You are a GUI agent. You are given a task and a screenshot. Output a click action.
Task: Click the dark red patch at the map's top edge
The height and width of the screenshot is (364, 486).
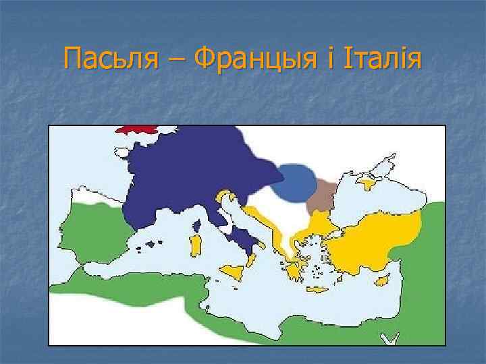[x=135, y=128]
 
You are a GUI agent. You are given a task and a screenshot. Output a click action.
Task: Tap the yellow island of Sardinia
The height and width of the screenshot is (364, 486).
[x=196, y=245]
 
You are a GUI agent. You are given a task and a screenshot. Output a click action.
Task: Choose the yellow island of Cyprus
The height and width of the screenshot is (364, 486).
[x=382, y=278]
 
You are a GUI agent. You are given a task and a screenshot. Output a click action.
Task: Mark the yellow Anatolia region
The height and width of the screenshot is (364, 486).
[x=378, y=236]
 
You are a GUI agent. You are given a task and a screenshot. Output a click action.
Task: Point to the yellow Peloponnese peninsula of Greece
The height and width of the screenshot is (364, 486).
[x=294, y=270]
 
